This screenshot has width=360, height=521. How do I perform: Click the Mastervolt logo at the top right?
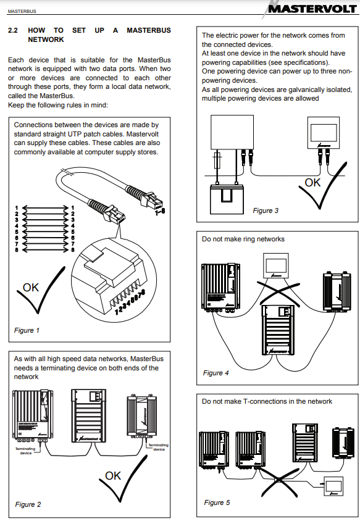[312, 9]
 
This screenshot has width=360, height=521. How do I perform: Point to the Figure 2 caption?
[28, 504]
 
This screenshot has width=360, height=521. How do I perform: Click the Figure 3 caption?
[266, 210]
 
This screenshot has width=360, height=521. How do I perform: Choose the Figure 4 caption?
[216, 373]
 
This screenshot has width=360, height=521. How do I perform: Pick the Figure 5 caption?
[217, 502]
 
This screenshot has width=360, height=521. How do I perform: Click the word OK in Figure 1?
[31, 287]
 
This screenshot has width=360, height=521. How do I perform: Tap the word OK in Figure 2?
[113, 475]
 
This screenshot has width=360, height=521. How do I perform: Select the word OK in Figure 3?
[313, 183]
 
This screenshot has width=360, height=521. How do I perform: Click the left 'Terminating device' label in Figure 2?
[25, 451]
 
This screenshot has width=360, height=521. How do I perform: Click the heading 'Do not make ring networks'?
[243, 239]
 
